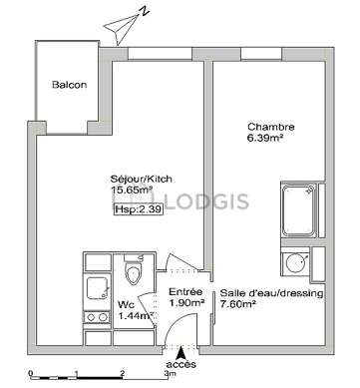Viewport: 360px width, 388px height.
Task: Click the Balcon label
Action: [x=69, y=85]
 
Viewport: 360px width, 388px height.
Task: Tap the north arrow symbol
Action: [x=124, y=25]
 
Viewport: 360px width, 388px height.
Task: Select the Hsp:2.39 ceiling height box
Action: [x=139, y=209]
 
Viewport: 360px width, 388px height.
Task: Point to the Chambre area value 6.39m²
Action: [x=264, y=138]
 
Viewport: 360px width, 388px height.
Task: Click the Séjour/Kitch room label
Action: [x=142, y=179]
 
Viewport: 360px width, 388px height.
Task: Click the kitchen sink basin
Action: [x=98, y=288]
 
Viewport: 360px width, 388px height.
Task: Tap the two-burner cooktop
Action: [x=97, y=317]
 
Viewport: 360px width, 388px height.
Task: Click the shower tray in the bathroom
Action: [x=298, y=210]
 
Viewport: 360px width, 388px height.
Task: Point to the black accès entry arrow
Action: [x=180, y=352]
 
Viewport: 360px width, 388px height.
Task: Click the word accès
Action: [x=180, y=364]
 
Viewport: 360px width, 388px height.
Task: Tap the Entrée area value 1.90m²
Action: [x=186, y=302]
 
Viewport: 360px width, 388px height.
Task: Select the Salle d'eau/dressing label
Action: [x=271, y=293]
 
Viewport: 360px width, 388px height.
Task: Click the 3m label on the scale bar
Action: [x=170, y=373]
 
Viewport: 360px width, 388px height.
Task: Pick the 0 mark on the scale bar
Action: [x=31, y=373]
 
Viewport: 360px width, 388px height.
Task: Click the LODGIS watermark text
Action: [x=206, y=201]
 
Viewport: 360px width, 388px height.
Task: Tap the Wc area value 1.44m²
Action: [x=136, y=316]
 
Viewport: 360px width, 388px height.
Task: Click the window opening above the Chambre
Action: [x=261, y=54]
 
